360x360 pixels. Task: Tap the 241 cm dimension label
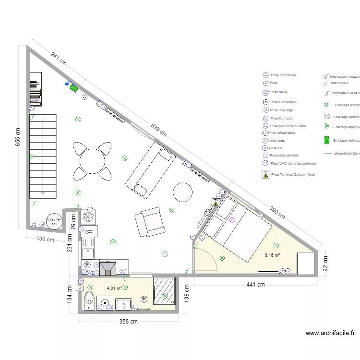[59, 59]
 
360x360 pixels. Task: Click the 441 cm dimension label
[255, 285]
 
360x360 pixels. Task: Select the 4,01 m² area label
[114, 288]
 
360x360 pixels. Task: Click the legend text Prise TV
[276, 148]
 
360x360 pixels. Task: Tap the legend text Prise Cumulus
[281, 118]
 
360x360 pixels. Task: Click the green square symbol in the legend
[327, 140]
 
